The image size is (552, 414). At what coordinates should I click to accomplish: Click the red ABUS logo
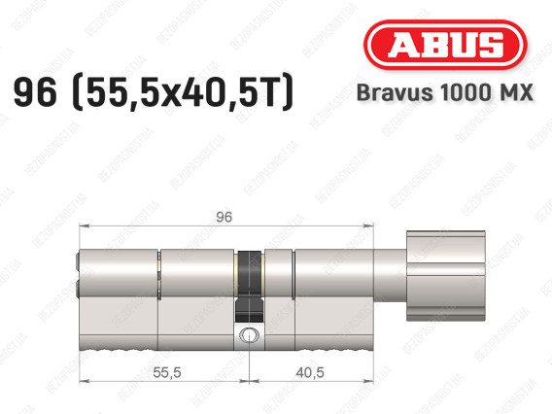point(445,45)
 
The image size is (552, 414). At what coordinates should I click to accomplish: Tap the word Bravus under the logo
point(395,92)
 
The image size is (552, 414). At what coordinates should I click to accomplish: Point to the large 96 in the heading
point(35,92)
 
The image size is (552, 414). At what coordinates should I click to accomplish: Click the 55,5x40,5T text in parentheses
point(183,92)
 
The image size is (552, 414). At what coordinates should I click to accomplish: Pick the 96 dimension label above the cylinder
point(224,217)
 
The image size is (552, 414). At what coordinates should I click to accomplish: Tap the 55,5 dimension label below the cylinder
point(167,372)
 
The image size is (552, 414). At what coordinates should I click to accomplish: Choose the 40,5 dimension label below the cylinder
point(310,372)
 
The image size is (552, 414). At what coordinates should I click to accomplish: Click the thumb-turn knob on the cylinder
point(446,276)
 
